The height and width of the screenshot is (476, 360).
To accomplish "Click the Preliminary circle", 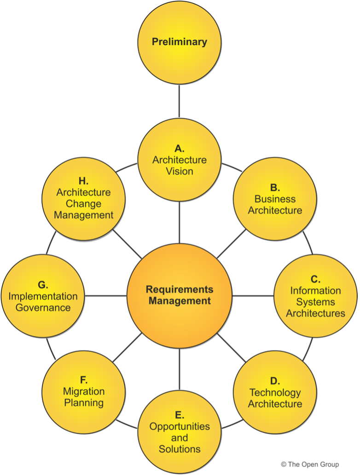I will (x=180, y=42).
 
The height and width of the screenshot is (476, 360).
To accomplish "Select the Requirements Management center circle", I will (x=180, y=295).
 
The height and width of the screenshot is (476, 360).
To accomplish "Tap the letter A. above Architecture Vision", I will (x=180, y=148).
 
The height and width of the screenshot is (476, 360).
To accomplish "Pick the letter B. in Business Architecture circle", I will (x=275, y=188).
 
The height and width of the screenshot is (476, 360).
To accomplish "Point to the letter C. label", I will (x=315, y=279).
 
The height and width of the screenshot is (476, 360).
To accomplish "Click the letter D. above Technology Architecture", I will (x=275, y=381).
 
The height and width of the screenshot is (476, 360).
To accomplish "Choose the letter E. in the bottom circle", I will (x=180, y=415).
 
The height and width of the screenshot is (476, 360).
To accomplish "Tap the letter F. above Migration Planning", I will (x=84, y=380).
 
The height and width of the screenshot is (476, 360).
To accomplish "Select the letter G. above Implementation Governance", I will (x=43, y=285).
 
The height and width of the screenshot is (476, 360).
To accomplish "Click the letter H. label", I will (x=83, y=181).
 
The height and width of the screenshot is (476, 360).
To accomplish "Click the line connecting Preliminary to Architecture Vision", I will (x=180, y=100).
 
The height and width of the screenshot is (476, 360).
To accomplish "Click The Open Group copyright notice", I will (x=310, y=465).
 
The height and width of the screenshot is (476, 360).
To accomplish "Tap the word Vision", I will (x=180, y=171).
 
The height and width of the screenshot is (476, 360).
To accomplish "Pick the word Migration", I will (x=84, y=392).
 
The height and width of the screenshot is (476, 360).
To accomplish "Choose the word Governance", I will (x=43, y=307).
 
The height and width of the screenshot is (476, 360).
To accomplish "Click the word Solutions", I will (x=180, y=448).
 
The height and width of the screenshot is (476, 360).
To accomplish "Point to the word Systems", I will (x=315, y=302).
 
